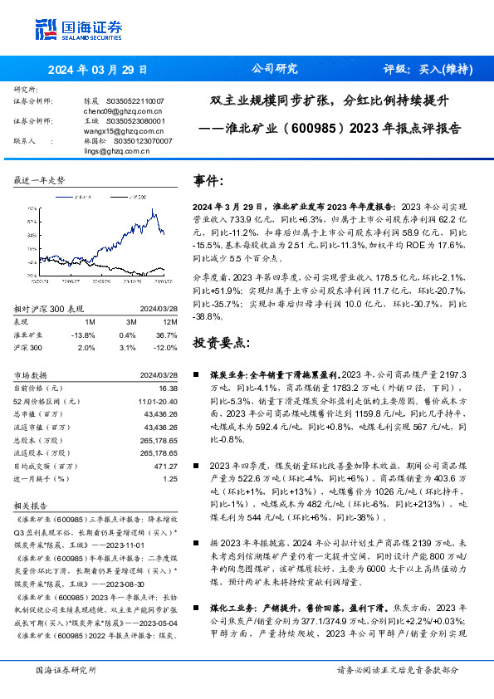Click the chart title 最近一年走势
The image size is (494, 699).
click(38, 180)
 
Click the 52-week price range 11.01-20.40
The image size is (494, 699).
click(158, 402)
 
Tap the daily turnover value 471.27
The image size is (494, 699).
click(166, 467)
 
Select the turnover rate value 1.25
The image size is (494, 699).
click(170, 480)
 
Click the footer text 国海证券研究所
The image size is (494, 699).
click(66, 670)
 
